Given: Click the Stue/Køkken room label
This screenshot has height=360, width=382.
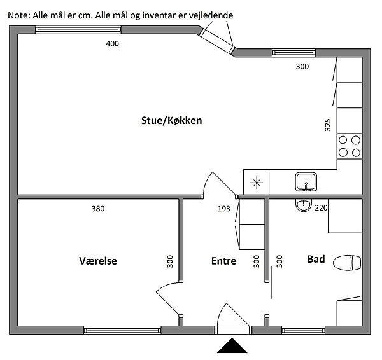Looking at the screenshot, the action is tap(171, 120).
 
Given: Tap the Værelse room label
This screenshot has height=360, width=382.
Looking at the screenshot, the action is tap(98, 261).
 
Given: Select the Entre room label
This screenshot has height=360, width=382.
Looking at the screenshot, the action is tap(223, 261).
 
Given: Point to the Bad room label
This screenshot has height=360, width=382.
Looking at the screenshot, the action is tap(316, 259).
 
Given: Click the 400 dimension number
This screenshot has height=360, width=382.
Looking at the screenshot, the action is tap(112, 44).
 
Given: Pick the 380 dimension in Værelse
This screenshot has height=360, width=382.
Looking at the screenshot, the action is tap(98, 209).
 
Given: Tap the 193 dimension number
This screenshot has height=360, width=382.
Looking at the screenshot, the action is tap(223, 209).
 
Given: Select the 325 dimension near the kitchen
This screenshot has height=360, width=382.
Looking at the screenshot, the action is tap(328, 125).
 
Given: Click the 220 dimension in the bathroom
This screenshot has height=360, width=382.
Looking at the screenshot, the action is tap(321, 208).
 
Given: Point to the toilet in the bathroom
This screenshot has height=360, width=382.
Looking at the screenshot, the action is tap(347, 263).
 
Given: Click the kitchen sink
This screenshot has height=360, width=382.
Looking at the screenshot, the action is tap(306, 182).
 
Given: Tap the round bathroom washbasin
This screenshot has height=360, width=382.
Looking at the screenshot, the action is tap(304, 205).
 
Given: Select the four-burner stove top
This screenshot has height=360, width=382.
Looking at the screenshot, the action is tap(350, 146).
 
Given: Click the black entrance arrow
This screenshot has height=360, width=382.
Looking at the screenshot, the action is tap(232, 345).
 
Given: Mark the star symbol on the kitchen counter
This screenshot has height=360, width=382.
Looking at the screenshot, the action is tap(257, 183).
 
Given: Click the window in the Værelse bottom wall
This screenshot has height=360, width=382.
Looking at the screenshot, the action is tap(122, 330).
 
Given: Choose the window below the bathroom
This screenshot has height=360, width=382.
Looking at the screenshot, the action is tap(303, 330).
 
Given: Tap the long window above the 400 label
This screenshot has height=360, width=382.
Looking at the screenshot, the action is tap(78, 30).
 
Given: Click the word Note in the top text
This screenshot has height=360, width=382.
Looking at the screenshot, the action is tap(19, 15).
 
